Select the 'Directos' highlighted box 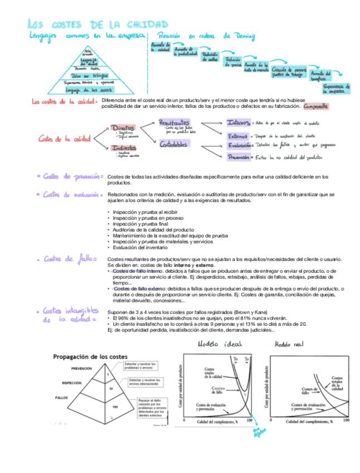(123, 128)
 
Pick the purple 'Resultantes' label (174, 122)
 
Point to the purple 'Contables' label (173, 144)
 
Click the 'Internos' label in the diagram (239, 123)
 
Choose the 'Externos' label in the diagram (239, 135)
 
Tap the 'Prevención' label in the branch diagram (239, 157)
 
